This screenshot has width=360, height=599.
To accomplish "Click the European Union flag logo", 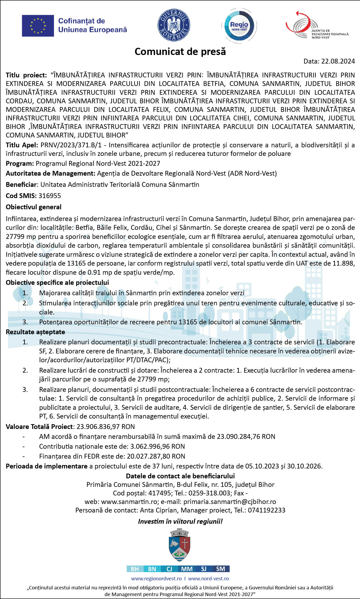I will [x=38, y=26].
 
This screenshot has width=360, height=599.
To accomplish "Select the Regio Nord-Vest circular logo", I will [x=239, y=26].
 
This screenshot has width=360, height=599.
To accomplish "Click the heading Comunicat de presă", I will [x=180, y=52].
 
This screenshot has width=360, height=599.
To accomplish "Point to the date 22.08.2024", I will [x=338, y=61].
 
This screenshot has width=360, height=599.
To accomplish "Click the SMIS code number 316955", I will [x=50, y=196].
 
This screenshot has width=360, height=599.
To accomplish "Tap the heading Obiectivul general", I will [x=34, y=207].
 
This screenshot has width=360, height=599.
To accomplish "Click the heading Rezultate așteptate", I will [x=36, y=332].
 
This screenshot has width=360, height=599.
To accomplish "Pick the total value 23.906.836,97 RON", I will [x=106, y=427].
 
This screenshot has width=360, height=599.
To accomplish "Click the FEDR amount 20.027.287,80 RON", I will [x=156, y=456].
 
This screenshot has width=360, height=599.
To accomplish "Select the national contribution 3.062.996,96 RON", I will [x=158, y=446].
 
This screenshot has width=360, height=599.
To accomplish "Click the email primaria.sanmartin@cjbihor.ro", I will [x=230, y=502].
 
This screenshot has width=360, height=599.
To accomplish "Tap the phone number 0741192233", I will [x=267, y=510].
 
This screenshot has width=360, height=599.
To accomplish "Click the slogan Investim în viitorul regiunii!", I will [x=180, y=521].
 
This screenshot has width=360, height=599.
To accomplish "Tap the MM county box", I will [x=187, y=569].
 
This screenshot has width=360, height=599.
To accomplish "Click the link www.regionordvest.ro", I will [x=156, y=578].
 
